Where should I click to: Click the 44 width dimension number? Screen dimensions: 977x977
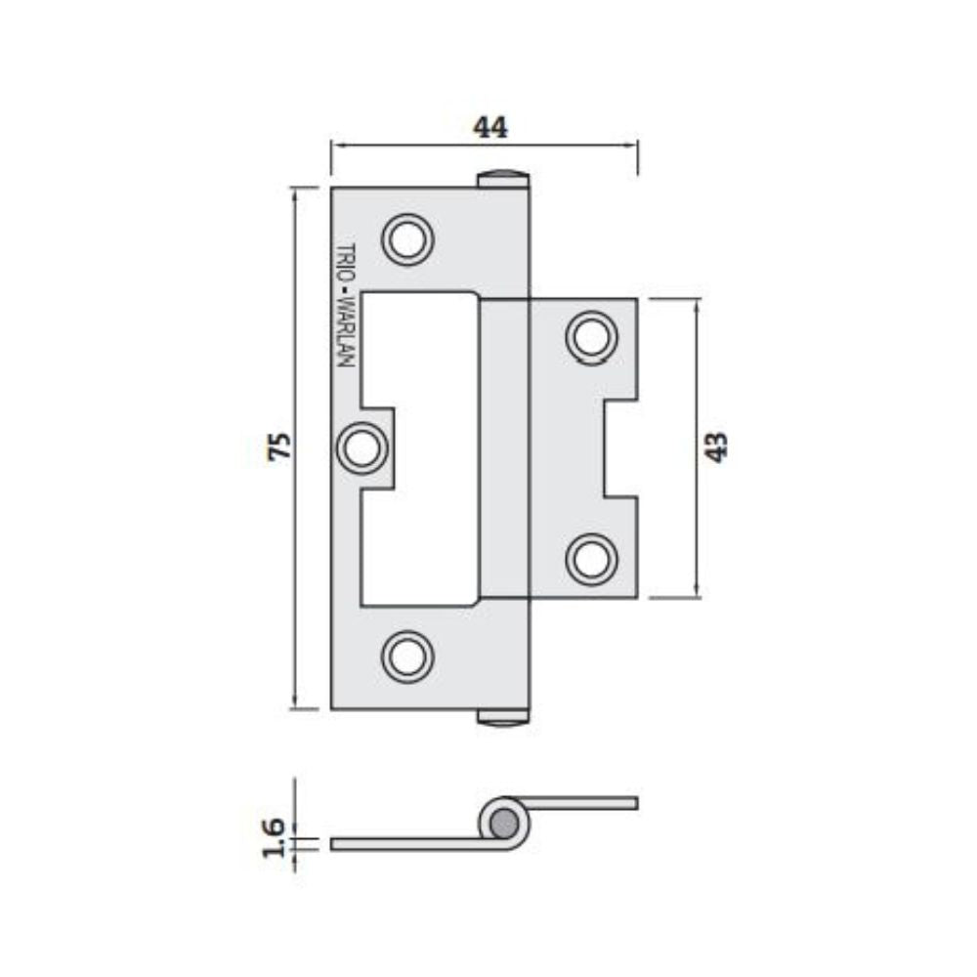coord(490,127)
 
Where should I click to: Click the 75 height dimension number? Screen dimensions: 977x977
coord(280,447)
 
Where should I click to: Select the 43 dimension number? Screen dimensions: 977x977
coord(716,446)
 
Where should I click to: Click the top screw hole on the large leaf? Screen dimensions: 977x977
coord(406,238)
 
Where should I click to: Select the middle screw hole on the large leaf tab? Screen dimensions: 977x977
coord(361,448)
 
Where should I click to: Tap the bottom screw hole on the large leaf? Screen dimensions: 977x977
coord(406,656)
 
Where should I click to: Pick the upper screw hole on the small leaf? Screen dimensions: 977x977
coord(591,337)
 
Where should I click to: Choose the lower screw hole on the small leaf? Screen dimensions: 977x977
coord(591,560)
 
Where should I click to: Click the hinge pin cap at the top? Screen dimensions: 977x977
coord(502,179)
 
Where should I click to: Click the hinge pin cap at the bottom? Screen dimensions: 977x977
coord(502,718)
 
